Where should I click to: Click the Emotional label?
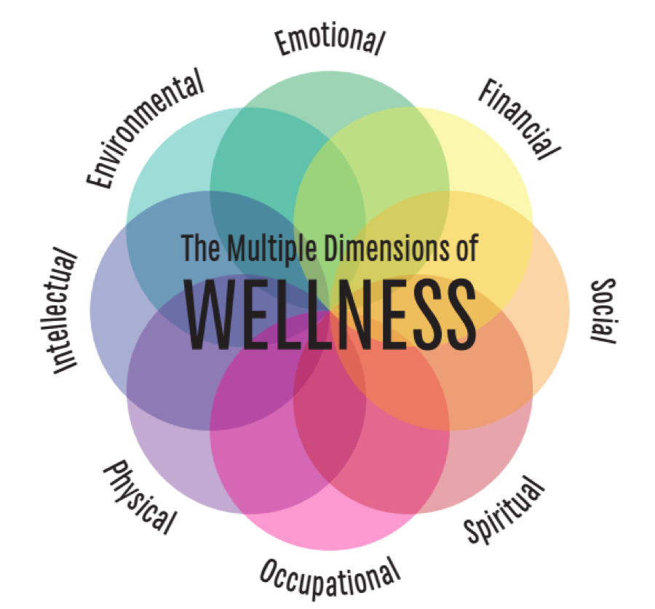(x=329, y=39)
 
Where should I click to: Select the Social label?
(x=603, y=311)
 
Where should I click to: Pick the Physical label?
(x=140, y=497)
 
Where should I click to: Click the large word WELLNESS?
(x=330, y=314)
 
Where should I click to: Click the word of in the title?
(x=465, y=248)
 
